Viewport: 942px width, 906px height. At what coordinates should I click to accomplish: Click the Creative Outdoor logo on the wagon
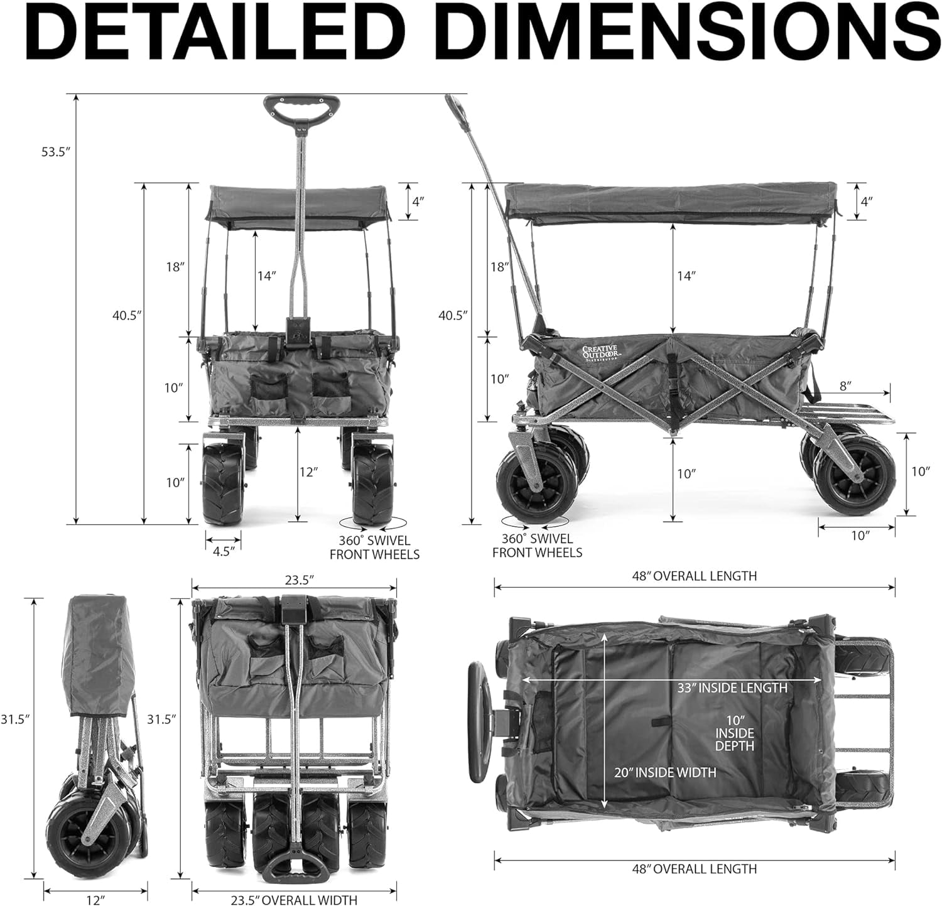(600, 353)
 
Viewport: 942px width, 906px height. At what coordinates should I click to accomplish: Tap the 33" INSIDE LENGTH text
(732, 688)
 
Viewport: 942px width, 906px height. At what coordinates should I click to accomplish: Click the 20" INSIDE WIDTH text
(665, 772)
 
